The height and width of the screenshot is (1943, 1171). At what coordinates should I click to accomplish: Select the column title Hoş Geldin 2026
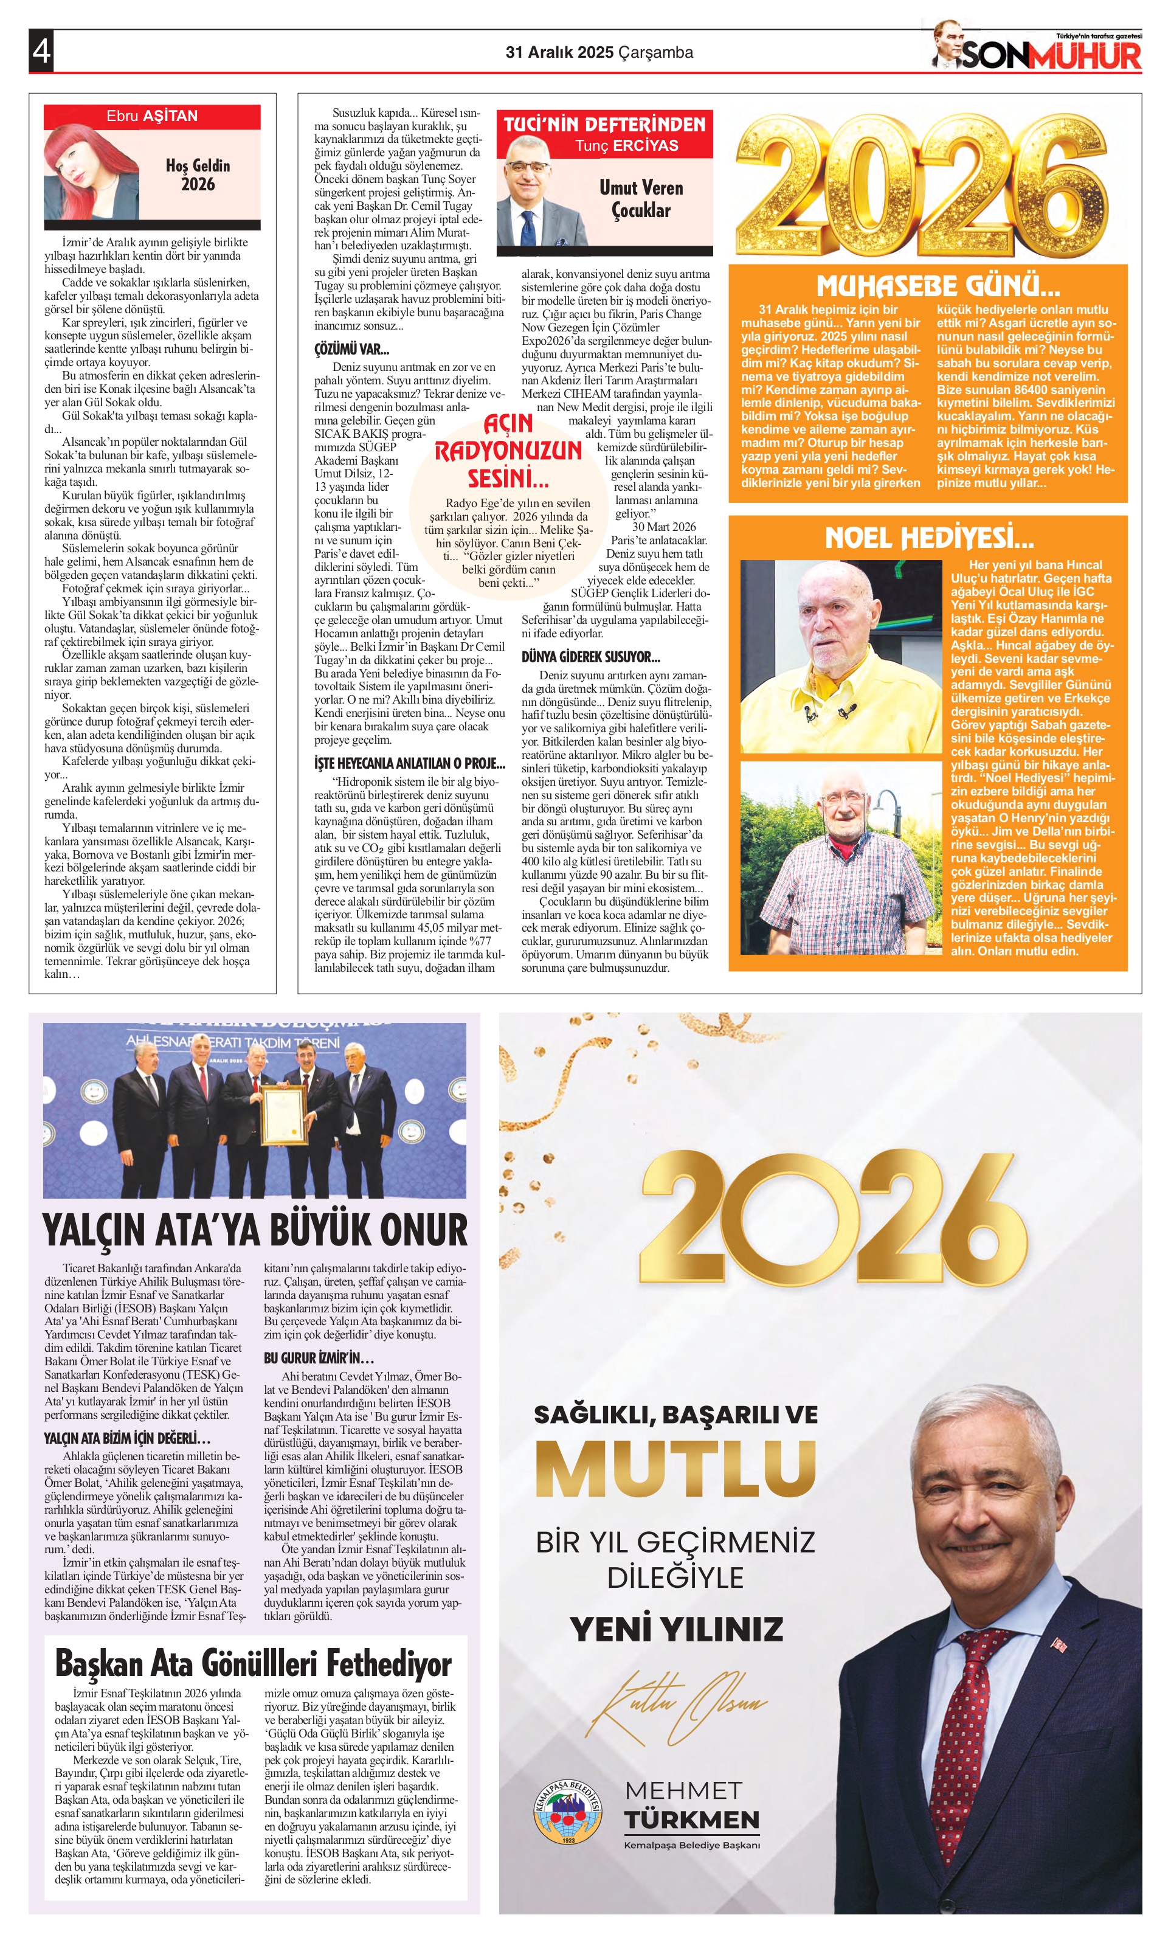(x=198, y=175)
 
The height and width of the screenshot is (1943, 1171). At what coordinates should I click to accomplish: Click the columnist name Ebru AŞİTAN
(x=152, y=116)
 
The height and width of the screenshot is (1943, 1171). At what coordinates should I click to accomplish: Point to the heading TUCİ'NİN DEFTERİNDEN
(x=605, y=124)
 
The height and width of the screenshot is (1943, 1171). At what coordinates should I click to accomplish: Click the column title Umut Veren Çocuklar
(x=641, y=199)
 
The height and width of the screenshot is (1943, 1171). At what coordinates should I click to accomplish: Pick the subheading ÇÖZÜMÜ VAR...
(x=351, y=348)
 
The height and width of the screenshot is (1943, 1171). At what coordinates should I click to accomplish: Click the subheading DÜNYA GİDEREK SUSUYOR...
(x=590, y=656)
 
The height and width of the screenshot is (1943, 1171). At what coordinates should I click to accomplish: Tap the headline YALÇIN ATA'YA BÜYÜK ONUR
(x=255, y=1230)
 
